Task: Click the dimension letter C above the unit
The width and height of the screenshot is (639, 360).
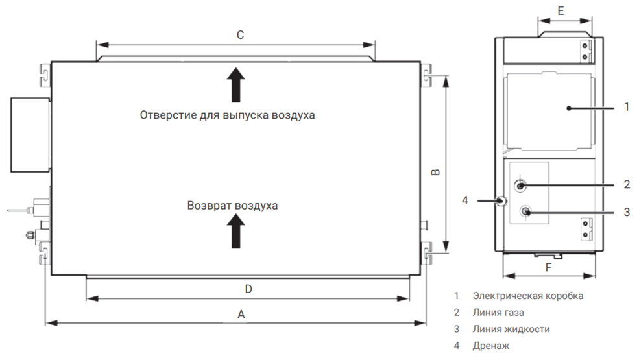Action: tap(241, 35)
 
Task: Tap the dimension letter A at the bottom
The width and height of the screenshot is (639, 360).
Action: tap(241, 315)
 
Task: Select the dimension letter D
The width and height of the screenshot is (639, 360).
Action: tap(248, 289)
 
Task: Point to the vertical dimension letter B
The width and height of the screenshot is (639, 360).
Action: tap(436, 172)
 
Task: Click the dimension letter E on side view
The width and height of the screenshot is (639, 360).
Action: tap(561, 11)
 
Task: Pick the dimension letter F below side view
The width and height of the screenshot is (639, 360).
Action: tap(549, 267)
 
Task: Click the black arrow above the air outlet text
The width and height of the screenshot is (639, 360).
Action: tap(236, 85)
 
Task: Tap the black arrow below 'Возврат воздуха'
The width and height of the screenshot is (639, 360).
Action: tap(236, 231)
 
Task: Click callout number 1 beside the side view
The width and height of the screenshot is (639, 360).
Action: tap(627, 107)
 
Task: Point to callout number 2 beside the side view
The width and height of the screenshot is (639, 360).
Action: tap(627, 184)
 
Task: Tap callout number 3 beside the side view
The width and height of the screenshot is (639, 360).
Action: tap(627, 212)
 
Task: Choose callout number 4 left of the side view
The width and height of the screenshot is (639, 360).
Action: tap(465, 200)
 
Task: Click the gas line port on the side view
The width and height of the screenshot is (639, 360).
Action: tap(520, 186)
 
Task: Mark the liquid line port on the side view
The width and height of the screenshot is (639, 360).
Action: tap(525, 211)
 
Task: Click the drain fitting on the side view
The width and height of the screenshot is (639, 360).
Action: tap(501, 200)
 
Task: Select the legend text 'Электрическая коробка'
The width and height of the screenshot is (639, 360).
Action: tap(528, 296)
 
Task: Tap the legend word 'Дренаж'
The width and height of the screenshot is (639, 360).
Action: tap(490, 346)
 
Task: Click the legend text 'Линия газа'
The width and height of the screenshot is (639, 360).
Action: tap(498, 313)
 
